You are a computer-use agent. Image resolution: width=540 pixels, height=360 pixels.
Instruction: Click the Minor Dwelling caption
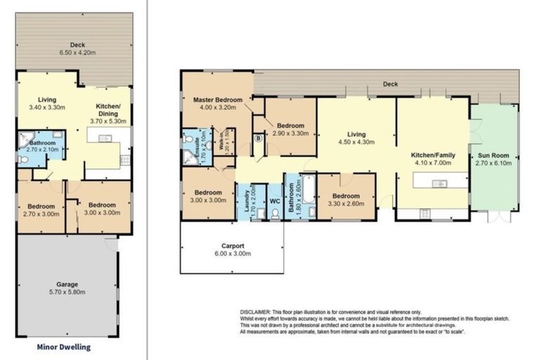[x=63, y=347]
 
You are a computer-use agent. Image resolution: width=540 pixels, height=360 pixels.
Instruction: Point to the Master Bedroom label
[x=217, y=105]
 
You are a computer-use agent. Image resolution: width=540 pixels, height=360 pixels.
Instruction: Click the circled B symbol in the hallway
[x=258, y=139]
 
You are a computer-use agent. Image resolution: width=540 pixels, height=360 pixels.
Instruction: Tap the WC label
[x=274, y=200]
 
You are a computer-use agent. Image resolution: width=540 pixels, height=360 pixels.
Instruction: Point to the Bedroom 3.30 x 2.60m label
[x=346, y=200]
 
